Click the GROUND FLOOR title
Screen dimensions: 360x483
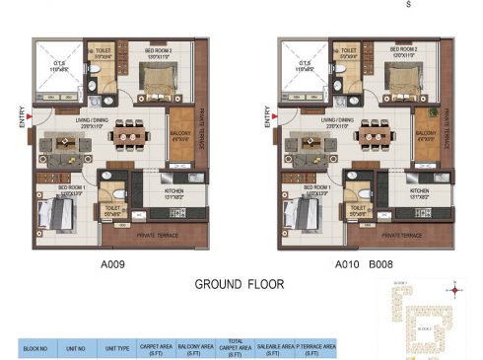pyautogui.click(x=240, y=284)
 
